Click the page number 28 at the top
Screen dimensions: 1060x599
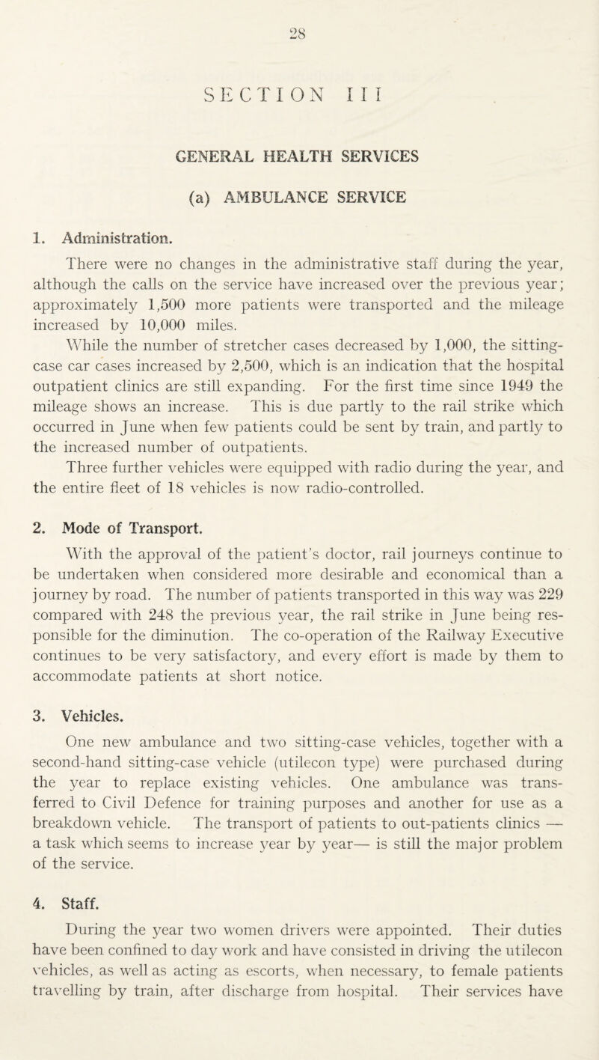pos(299,13)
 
